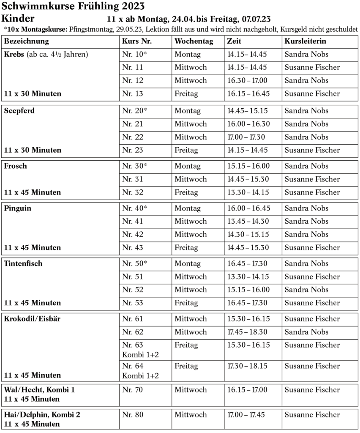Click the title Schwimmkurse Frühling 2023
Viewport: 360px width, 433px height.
point(73,6)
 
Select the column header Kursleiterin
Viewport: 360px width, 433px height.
point(305,41)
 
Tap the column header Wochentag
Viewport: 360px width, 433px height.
point(194,41)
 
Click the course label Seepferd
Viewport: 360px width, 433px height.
point(19,111)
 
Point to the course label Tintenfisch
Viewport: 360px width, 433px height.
point(23,263)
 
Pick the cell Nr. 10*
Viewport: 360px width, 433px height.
point(134,55)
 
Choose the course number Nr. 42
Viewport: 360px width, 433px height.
point(133,234)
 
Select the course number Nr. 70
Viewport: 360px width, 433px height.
point(133,390)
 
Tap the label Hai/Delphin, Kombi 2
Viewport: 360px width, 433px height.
point(42,415)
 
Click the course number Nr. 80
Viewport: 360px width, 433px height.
point(133,415)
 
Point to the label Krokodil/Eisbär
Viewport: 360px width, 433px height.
point(32,319)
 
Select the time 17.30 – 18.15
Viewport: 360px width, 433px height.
point(248,366)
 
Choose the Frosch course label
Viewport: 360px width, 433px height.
point(15,166)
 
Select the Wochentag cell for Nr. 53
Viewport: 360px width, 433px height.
point(186,303)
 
